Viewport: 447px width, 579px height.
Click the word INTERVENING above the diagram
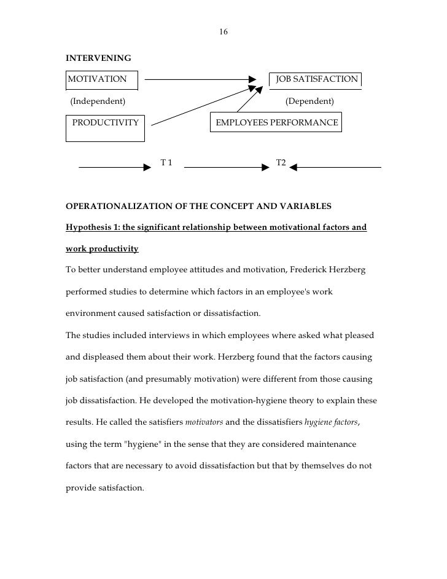tap(98, 58)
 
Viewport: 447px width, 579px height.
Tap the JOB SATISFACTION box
tap(316, 79)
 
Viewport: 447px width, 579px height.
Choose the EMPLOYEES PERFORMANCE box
tap(276, 122)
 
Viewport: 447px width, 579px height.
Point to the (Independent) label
tap(98, 101)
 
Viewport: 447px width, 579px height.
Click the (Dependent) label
tap(309, 101)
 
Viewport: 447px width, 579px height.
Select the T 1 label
tap(166, 163)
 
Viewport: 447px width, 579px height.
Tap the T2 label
tap(281, 163)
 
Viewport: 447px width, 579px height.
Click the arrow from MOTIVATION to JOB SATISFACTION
tap(200, 79)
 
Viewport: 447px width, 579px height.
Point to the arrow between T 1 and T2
tap(227, 167)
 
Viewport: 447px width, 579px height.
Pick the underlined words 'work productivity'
tap(102, 249)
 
